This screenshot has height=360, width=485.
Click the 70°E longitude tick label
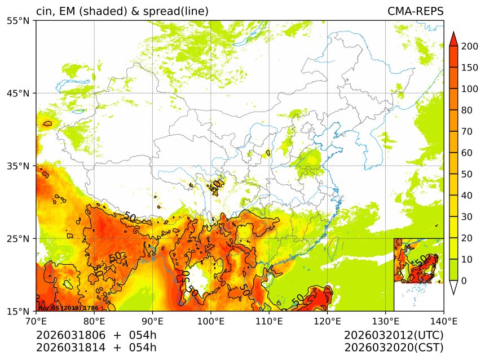click(x=36, y=321)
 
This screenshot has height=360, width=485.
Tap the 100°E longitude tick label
click(x=210, y=321)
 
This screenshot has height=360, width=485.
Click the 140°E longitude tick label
click(x=443, y=321)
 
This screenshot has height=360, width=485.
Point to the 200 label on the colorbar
click(x=469, y=47)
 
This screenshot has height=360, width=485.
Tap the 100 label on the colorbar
click(x=469, y=89)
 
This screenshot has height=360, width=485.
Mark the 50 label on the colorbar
click(x=467, y=174)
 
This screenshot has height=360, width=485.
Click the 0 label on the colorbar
click(x=464, y=281)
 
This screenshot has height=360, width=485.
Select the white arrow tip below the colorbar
click(x=453, y=288)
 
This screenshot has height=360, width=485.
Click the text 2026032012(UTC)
click(x=394, y=336)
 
